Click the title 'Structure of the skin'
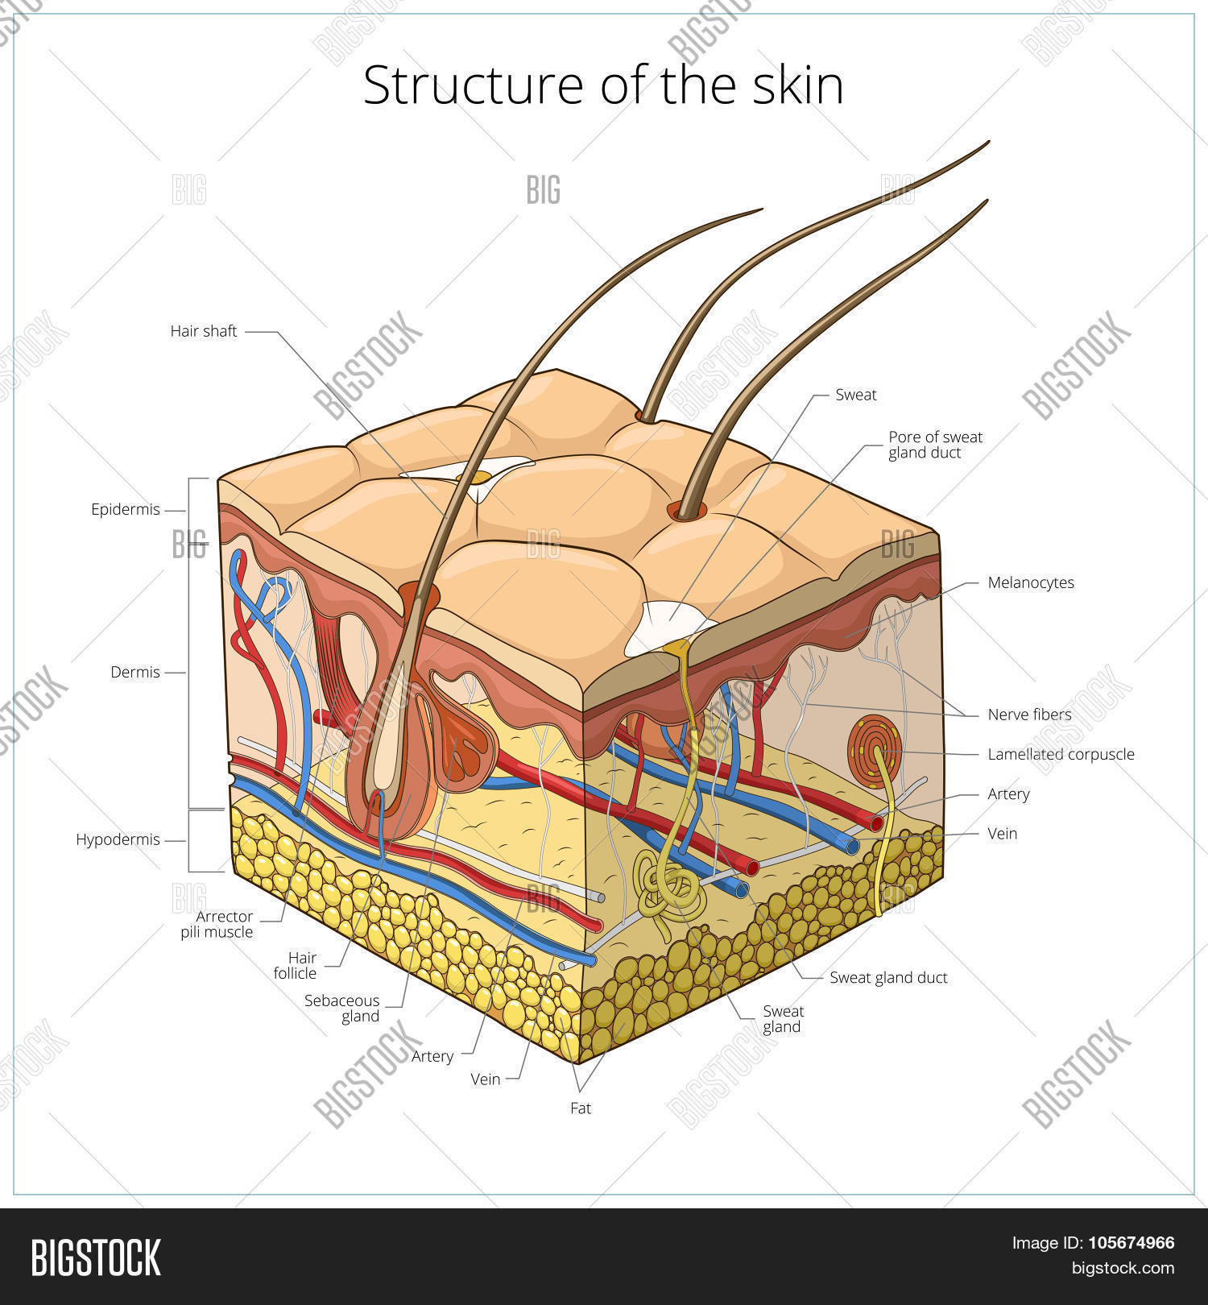603,85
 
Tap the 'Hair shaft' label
204,331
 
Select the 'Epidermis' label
126,510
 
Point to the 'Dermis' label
135,672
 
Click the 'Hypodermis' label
118,840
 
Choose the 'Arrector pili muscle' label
217,924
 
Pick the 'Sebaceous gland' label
341,1008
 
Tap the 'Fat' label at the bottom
581,1108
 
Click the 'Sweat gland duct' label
888,978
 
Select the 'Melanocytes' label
1031,582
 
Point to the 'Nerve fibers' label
1029,715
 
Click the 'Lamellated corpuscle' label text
1061,755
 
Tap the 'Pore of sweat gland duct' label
935,445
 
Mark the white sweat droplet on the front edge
665,628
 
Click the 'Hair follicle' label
295,965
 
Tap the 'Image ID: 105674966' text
1092,1243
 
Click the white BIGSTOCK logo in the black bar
96,1257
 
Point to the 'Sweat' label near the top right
855,395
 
